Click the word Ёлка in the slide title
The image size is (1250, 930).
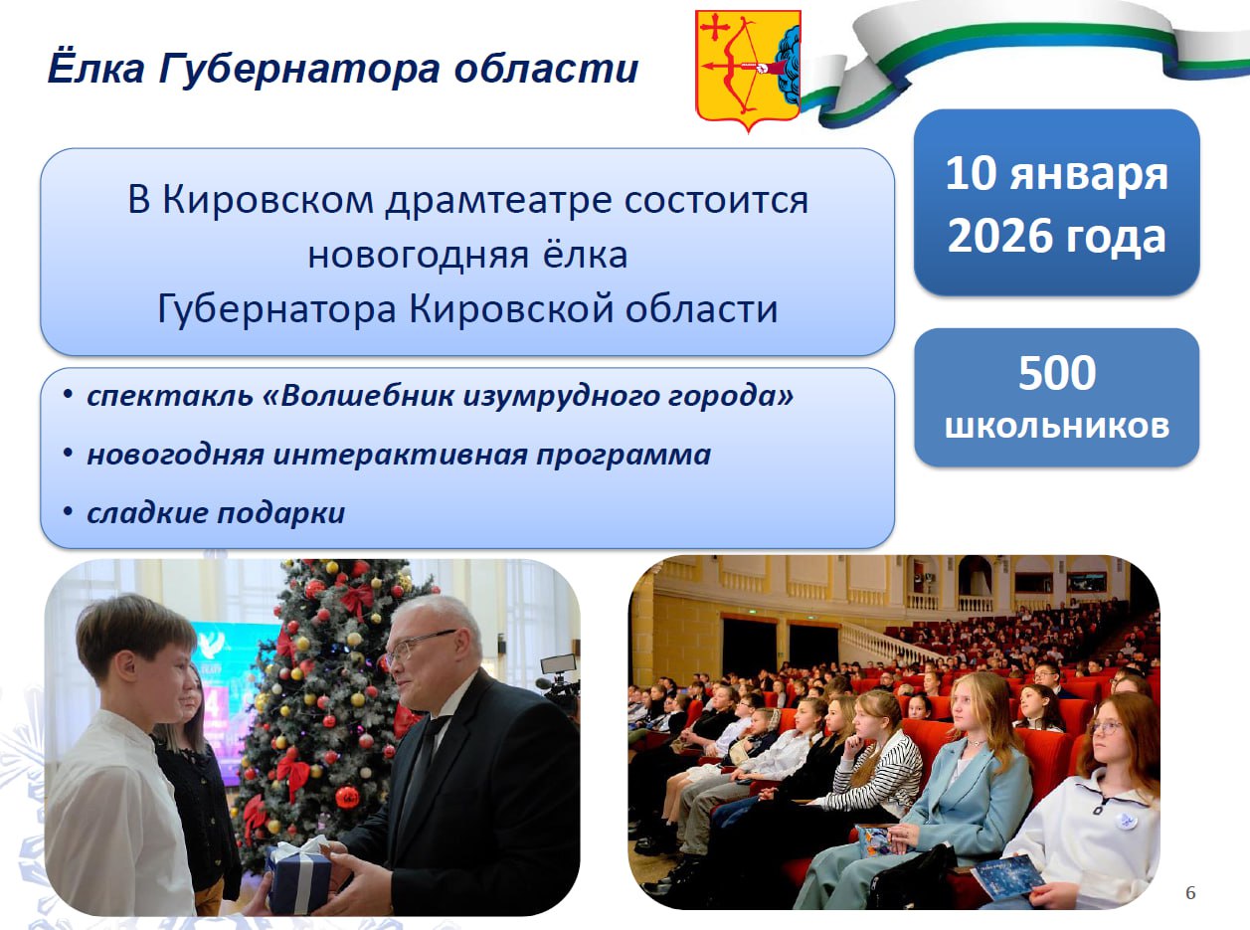(95, 68)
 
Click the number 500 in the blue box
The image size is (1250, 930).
(1057, 373)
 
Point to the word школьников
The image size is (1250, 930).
(1057, 426)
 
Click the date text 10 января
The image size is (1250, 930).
(1056, 174)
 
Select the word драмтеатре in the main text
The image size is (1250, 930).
(498, 200)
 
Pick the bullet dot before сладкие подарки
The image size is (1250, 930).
(69, 510)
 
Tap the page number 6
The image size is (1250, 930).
(1190, 893)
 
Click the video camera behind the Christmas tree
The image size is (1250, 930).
(558, 681)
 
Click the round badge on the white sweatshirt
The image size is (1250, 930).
(1126, 820)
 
